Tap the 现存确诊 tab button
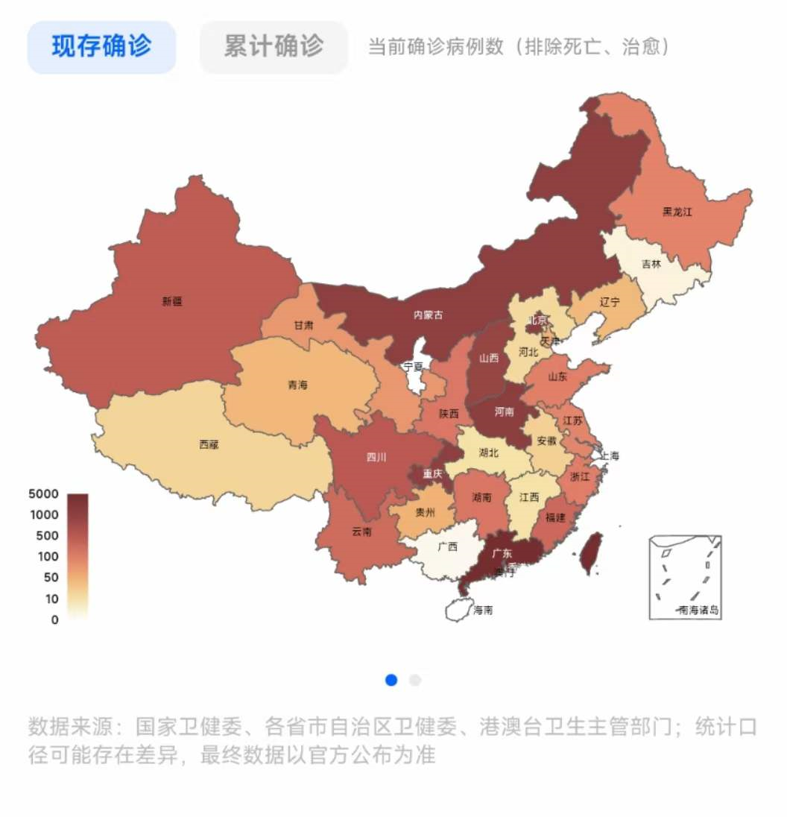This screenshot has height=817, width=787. coord(101,47)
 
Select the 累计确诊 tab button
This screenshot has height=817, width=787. coord(274,47)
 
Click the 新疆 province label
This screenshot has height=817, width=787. coord(171,302)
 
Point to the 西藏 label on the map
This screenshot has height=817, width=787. coord(209,444)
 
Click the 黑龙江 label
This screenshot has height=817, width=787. coord(677,212)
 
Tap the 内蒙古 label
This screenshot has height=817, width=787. coord(428,315)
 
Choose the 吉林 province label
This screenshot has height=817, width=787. coord(651,263)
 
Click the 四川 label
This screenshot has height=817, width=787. coord(376,458)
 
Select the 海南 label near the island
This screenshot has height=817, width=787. coord(482,610)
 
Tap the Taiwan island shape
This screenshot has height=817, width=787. coord(590,553)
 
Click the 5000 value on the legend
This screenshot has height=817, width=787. coord(43,493)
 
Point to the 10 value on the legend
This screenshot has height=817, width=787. coord(51,599)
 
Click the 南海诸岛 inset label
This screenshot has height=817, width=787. coord(698,610)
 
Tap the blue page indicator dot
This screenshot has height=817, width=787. coord(391,680)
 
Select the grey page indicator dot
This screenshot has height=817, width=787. coord(415,680)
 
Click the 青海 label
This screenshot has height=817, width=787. coord(297,385)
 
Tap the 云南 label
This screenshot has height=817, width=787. coord(361,532)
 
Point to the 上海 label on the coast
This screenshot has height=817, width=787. coord(609,455)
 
